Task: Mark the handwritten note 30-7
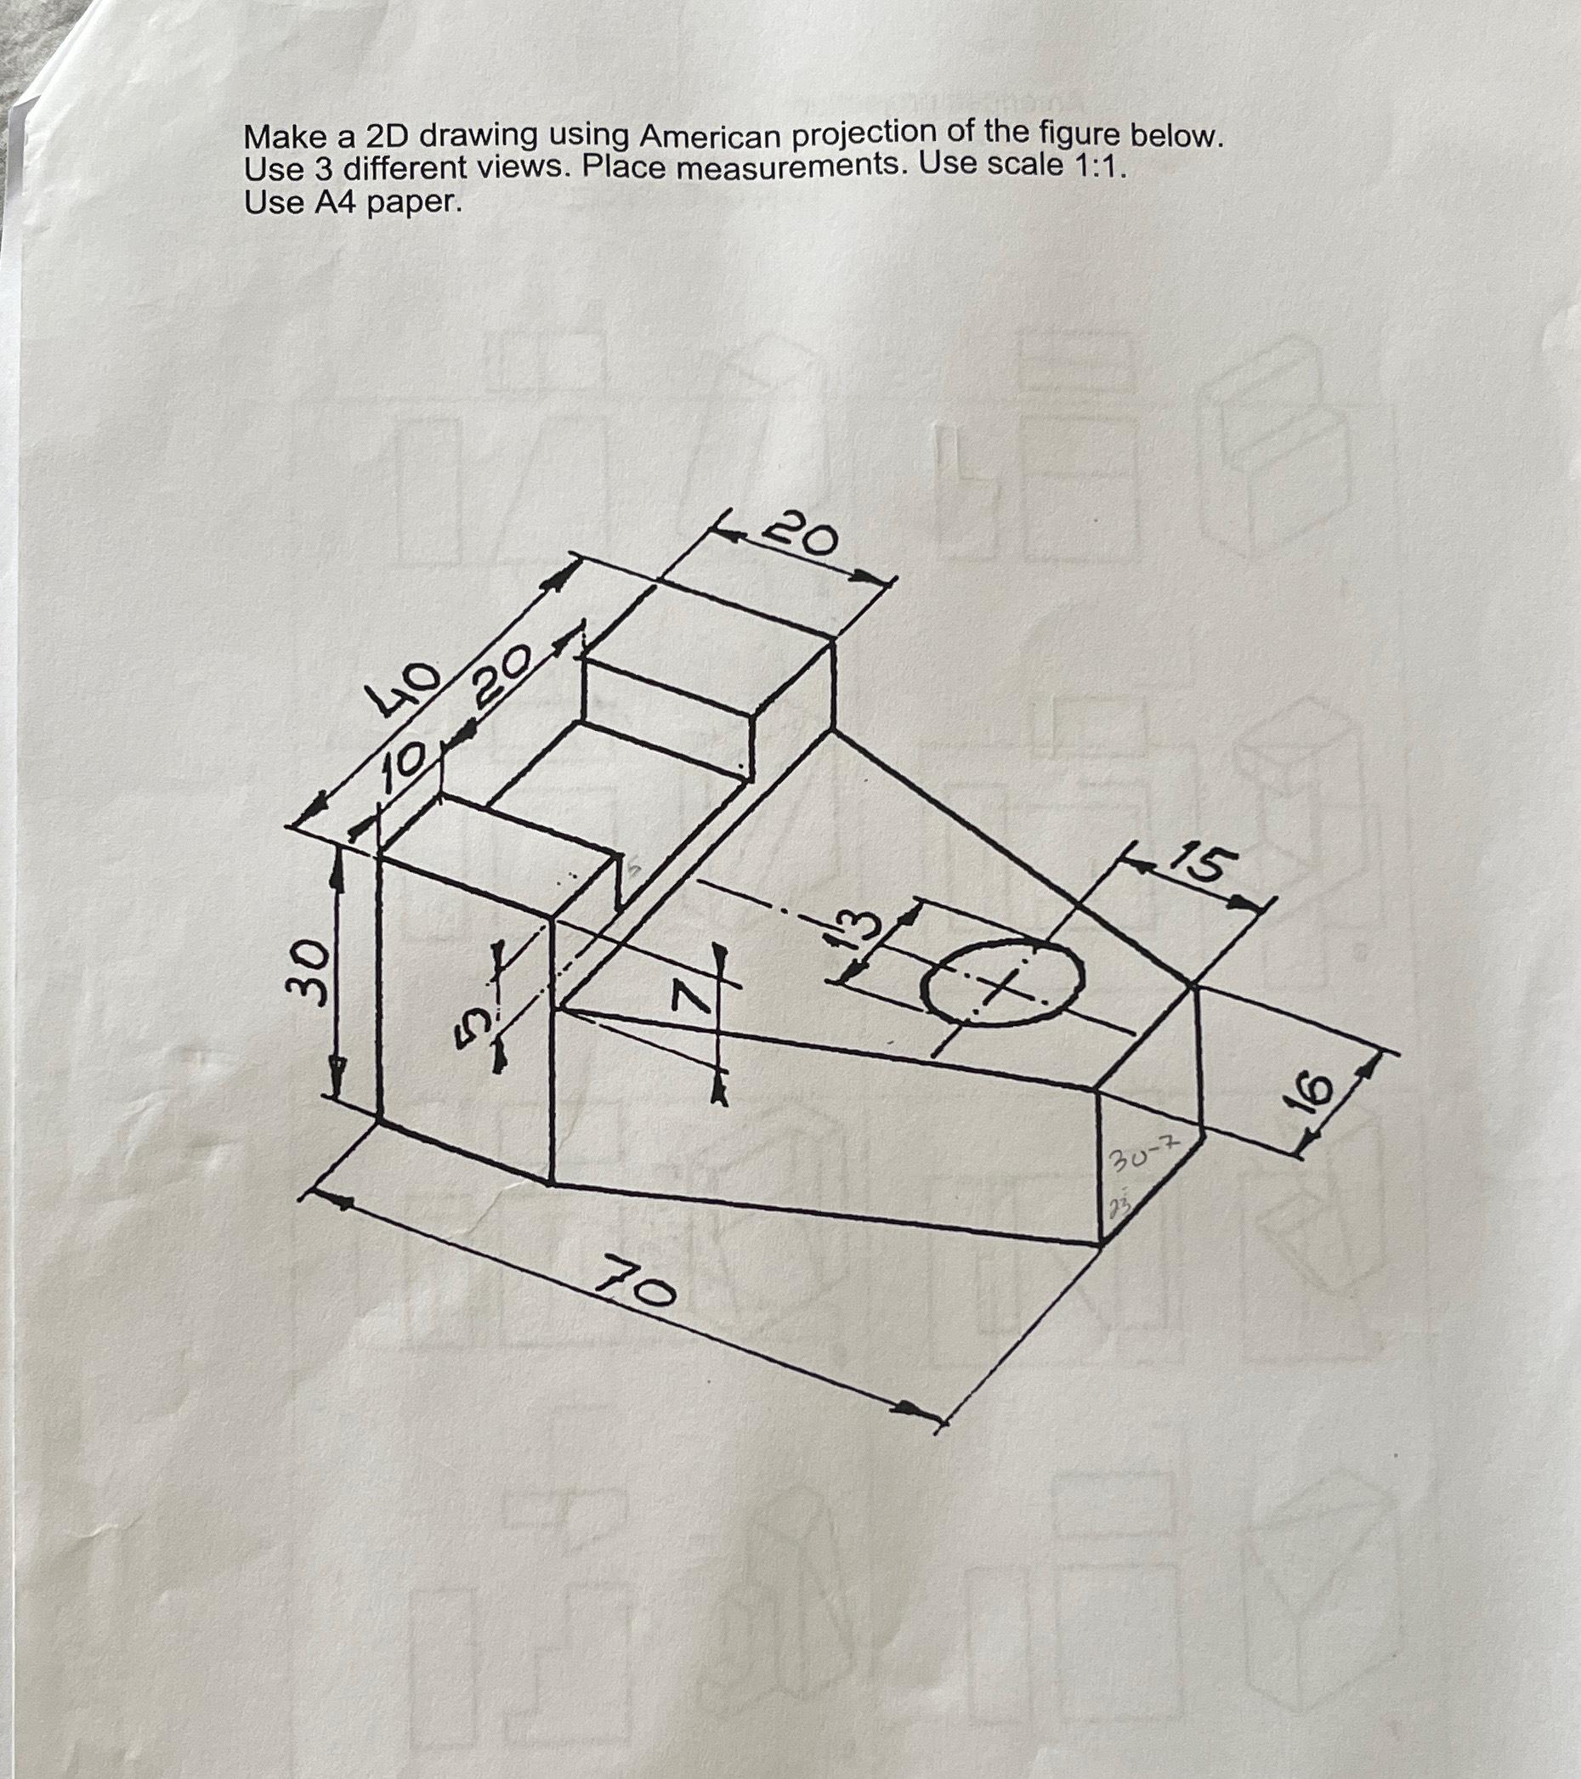click(x=1138, y=1159)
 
